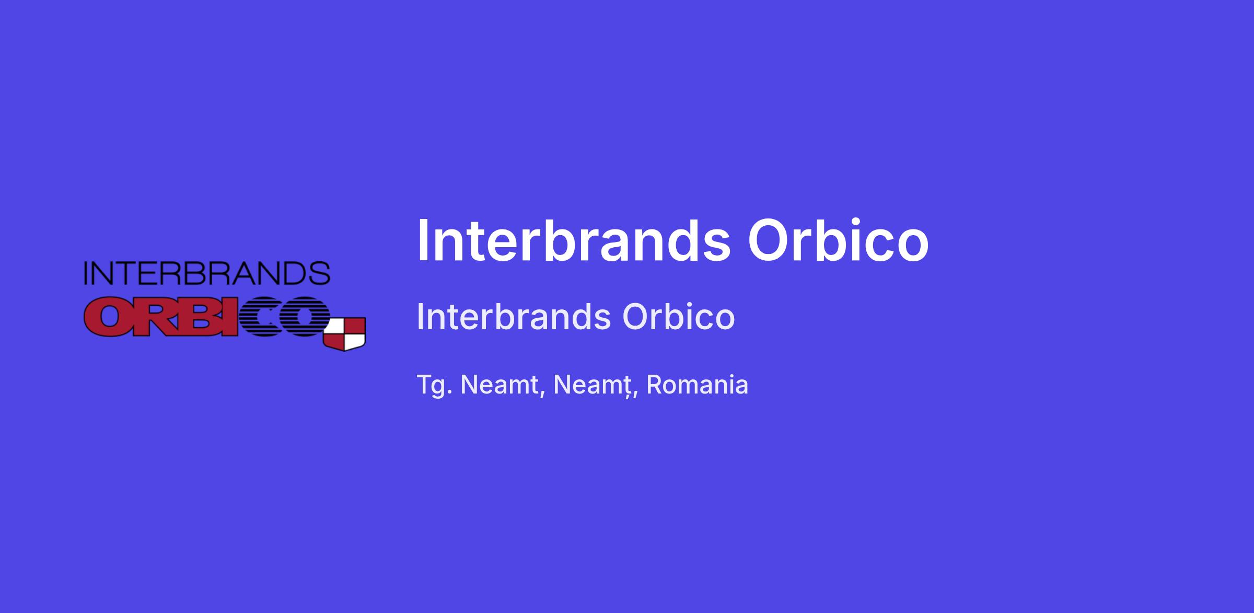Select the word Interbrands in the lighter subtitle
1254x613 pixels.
pos(514,317)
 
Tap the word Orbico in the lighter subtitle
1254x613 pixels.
pos(679,317)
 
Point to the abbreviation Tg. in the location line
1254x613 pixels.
pos(434,386)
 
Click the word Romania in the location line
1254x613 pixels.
pos(697,385)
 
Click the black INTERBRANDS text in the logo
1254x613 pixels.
pos(207,273)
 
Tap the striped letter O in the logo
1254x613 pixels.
pos(306,317)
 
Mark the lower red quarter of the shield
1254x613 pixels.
pos(334,341)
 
